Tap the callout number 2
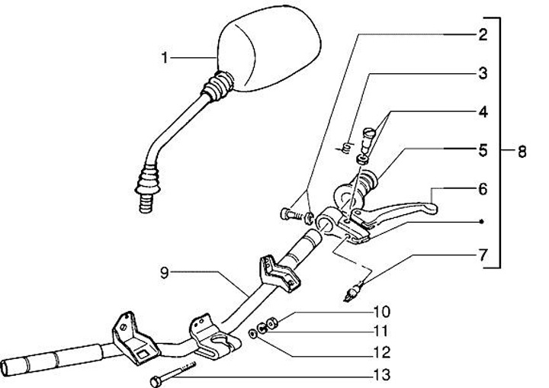coord(483,34)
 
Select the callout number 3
coord(483,73)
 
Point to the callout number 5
coord(483,150)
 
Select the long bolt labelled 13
coord(174,373)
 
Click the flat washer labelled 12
coord(253,333)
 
